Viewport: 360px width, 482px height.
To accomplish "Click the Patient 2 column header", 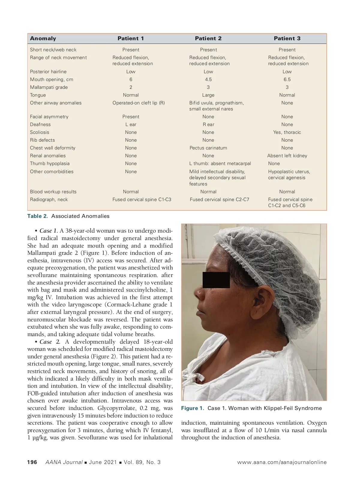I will click(x=208, y=38).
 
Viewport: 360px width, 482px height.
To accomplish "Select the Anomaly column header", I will click(x=43, y=38).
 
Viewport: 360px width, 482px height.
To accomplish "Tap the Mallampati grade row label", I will click(x=49, y=87).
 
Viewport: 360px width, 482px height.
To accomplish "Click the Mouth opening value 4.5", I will click(x=208, y=80).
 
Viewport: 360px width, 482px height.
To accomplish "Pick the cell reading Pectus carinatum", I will click(x=208, y=148).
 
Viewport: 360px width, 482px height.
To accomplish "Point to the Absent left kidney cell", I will click(x=287, y=156).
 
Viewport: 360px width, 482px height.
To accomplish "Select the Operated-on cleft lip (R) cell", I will click(x=139, y=103).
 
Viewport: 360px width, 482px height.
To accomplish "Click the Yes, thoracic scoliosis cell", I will click(x=287, y=132).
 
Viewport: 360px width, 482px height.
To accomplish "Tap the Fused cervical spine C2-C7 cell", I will click(x=220, y=200).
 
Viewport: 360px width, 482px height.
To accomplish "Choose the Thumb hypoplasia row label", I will click(x=50, y=164).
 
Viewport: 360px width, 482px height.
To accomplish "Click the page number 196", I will click(x=32, y=462).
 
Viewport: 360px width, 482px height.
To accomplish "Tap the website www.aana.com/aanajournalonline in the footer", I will click(x=282, y=462).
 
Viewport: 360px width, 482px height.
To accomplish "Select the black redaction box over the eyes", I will click(x=216, y=280).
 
